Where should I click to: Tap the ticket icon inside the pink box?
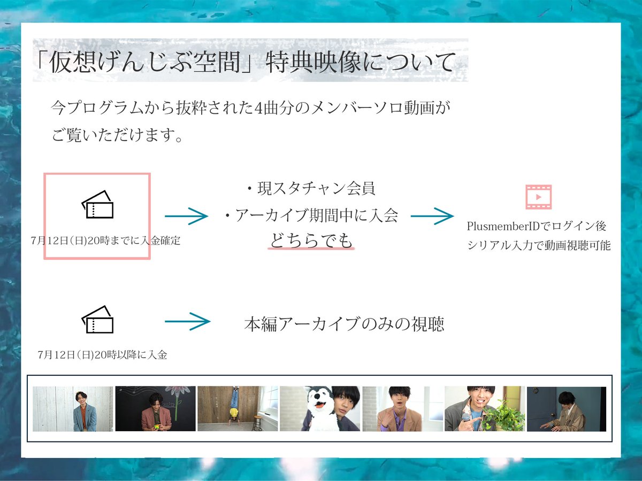[x=97, y=205]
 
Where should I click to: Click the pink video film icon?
[x=539, y=197]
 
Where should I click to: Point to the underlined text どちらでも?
[x=311, y=241]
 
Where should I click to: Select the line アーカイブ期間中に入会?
[x=311, y=215]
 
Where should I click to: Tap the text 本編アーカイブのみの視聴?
[x=344, y=324]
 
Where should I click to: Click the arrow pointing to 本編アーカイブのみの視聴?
[x=187, y=321]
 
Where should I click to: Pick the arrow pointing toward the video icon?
[x=432, y=215]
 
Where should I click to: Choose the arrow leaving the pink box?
[x=186, y=216]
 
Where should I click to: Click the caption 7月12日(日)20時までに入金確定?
[x=105, y=241]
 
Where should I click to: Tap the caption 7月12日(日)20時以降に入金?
[x=103, y=354]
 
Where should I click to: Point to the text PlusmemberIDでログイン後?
[x=537, y=226]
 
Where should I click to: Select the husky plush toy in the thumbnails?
[x=319, y=409]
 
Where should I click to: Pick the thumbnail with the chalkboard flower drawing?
[x=155, y=409]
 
